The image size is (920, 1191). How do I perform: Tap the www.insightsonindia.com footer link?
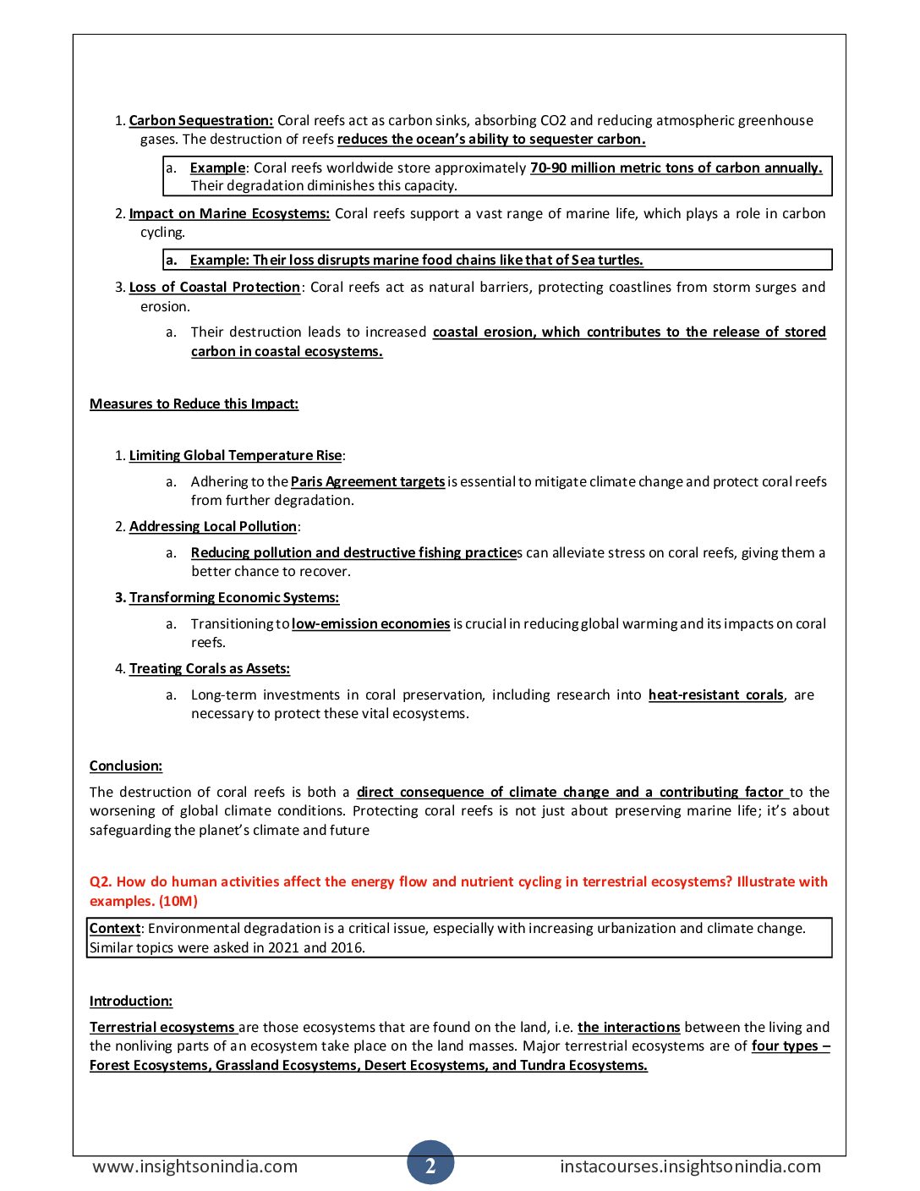[194, 1166]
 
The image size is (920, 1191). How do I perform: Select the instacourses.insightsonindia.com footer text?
[690, 1166]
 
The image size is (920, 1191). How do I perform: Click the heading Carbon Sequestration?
[201, 120]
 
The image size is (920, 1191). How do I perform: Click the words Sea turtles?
[607, 260]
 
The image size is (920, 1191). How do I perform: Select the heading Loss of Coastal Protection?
[215, 287]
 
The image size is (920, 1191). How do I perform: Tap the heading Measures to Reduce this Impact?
[194, 403]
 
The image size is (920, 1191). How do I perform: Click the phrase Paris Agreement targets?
[368, 481]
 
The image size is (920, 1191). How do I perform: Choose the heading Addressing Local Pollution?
[213, 526]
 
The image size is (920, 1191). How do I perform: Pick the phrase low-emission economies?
[370, 623]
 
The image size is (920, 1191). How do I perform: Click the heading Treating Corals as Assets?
[210, 668]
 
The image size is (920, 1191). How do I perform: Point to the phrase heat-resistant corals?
[716, 694]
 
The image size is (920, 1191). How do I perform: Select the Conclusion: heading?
[126, 766]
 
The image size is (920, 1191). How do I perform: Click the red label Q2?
[101, 881]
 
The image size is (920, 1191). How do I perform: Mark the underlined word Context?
[115, 928]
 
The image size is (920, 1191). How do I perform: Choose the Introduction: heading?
[131, 1001]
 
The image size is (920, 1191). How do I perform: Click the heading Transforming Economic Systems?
[234, 597]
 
